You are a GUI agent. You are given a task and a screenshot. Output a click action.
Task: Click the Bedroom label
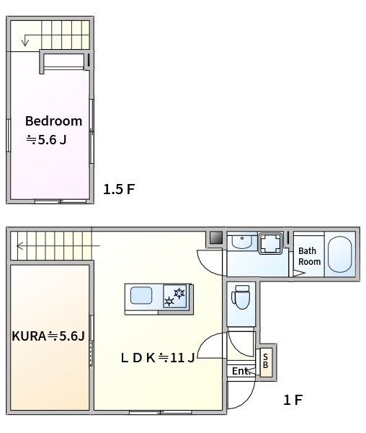pyautogui.click(x=54, y=121)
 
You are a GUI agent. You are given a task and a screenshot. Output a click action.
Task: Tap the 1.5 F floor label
pyautogui.click(x=119, y=189)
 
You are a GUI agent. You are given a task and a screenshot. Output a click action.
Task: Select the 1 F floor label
pyautogui.click(x=293, y=400)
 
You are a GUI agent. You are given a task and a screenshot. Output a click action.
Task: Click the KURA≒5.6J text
pyautogui.click(x=48, y=336)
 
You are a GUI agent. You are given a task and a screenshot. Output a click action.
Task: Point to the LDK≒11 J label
pyautogui.click(x=158, y=358)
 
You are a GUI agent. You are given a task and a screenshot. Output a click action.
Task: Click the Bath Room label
pyautogui.click(x=310, y=256)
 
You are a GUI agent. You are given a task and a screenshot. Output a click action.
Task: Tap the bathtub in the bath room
pyautogui.click(x=340, y=254)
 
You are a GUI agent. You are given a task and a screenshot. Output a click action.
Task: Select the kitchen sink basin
pyautogui.click(x=141, y=295)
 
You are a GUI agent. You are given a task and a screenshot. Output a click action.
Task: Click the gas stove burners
pyautogui.click(x=175, y=297)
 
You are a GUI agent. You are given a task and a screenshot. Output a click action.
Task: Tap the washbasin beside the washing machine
pyautogui.click(x=242, y=241)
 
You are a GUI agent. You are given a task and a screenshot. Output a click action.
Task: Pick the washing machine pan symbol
pyautogui.click(x=271, y=243)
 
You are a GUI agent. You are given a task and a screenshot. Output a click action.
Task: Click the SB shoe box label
pyautogui.click(x=265, y=361)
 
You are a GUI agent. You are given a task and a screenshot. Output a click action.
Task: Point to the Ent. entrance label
pyautogui.click(x=241, y=371)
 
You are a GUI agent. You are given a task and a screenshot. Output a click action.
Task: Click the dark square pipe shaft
pyautogui.click(x=216, y=237)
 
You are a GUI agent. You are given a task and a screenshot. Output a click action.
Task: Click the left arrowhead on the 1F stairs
pyautogui.click(x=19, y=245)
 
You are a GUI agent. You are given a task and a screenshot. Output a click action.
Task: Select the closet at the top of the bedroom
pyautogui.click(x=64, y=61)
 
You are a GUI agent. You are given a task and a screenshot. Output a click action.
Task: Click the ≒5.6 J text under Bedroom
pyautogui.click(x=46, y=140)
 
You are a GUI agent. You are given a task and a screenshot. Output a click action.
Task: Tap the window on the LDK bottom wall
pyautogui.click(x=161, y=412)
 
